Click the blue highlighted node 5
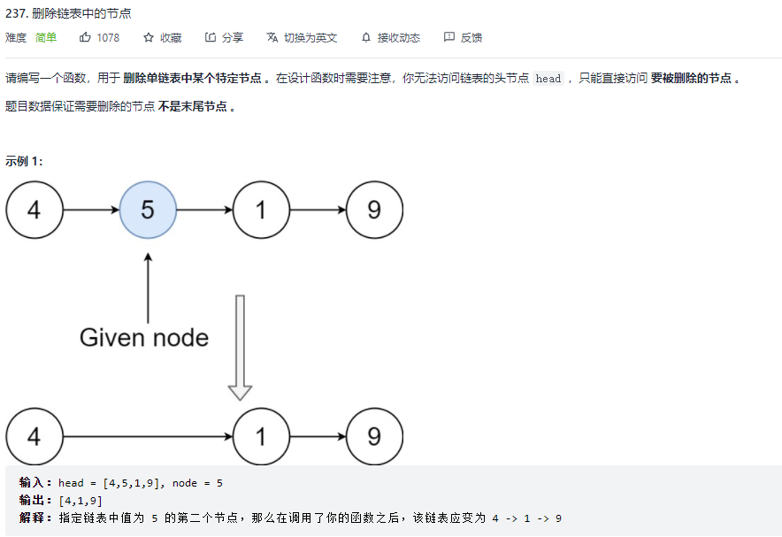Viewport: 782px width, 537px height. (x=148, y=210)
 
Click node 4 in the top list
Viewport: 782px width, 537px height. (x=34, y=210)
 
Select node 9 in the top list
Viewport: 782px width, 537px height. (x=374, y=210)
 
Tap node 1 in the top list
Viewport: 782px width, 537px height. (x=261, y=210)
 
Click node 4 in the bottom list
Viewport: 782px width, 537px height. (x=34, y=436)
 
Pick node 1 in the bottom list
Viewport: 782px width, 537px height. (x=261, y=436)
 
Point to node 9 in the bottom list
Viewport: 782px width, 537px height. (x=374, y=436)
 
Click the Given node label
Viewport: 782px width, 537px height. (x=144, y=337)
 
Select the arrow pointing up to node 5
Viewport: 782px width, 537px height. (x=148, y=288)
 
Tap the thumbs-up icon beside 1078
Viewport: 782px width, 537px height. (x=85, y=37)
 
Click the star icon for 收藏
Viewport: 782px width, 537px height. (x=149, y=37)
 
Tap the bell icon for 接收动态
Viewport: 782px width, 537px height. (x=366, y=37)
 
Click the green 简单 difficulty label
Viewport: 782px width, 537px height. (x=46, y=37)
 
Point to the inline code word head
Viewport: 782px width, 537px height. (x=548, y=79)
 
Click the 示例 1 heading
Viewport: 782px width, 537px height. (x=24, y=160)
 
